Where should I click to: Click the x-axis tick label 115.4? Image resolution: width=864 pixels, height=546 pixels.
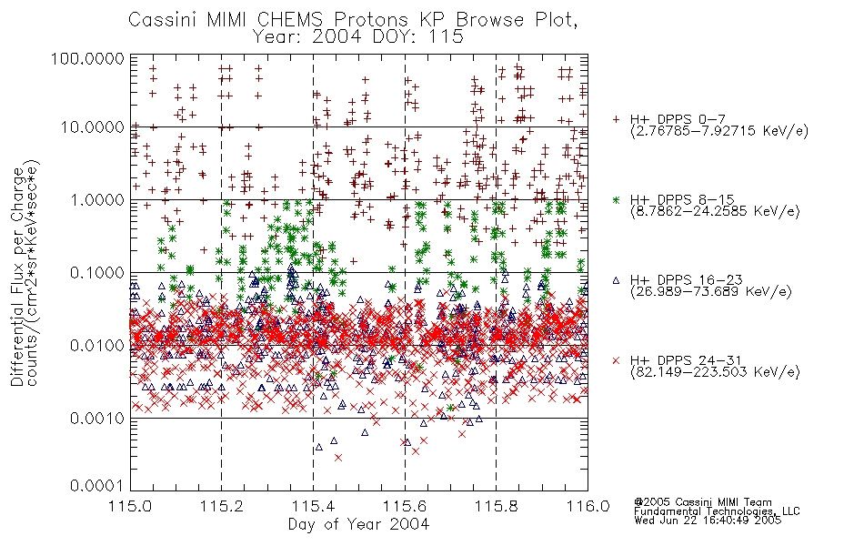[x=314, y=506]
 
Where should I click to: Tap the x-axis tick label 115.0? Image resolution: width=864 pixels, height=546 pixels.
[x=131, y=506]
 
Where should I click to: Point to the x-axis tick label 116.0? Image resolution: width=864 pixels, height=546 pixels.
[x=588, y=506]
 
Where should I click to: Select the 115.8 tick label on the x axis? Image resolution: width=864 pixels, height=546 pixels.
[x=497, y=506]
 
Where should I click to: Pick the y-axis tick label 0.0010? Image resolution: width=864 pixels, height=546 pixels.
[x=97, y=419]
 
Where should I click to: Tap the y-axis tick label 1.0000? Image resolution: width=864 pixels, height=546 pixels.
[x=97, y=199]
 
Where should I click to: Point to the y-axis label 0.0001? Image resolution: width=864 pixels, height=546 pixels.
[x=97, y=485]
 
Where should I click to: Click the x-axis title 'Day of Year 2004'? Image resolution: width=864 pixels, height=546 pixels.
[x=358, y=524]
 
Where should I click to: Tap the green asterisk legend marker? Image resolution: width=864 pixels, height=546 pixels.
[x=616, y=199]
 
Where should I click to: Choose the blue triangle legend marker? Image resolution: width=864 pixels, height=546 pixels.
[x=616, y=280]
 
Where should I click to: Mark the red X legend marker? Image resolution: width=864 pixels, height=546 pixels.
[x=616, y=360]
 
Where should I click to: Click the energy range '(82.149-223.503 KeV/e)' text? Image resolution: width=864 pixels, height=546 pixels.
[x=715, y=372]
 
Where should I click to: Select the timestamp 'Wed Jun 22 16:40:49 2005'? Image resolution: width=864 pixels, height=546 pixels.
[x=708, y=521]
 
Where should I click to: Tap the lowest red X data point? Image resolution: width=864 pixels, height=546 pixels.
[x=338, y=458]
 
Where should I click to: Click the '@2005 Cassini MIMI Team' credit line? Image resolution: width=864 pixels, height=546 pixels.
[x=703, y=502]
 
